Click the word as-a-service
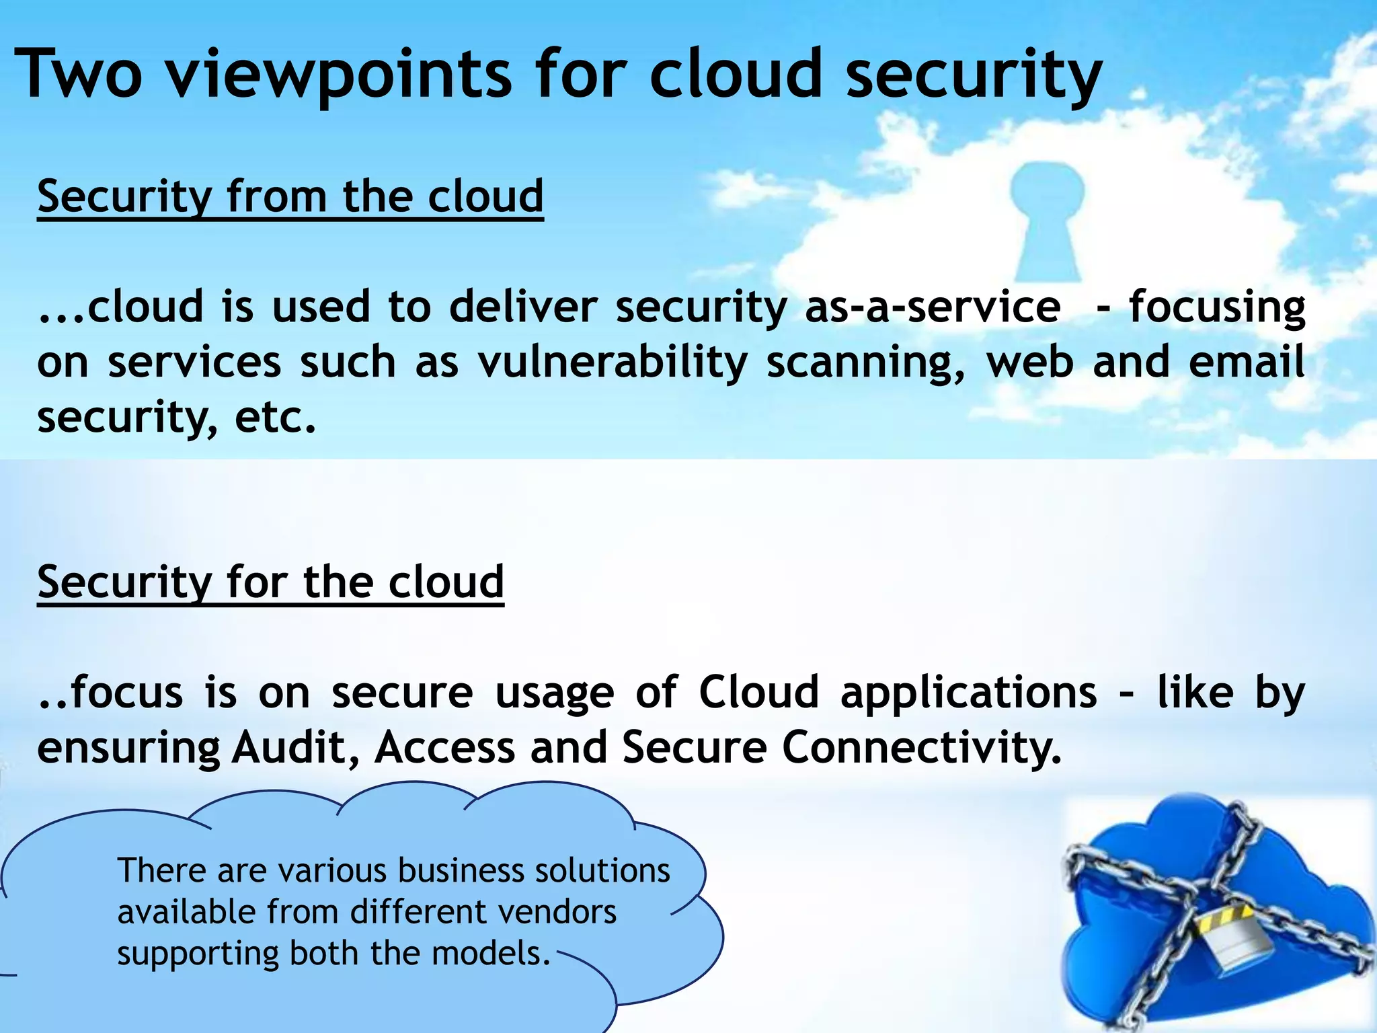[x=933, y=307]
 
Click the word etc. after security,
[x=275, y=418]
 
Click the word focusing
[x=1216, y=307]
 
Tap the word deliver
[x=523, y=307]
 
